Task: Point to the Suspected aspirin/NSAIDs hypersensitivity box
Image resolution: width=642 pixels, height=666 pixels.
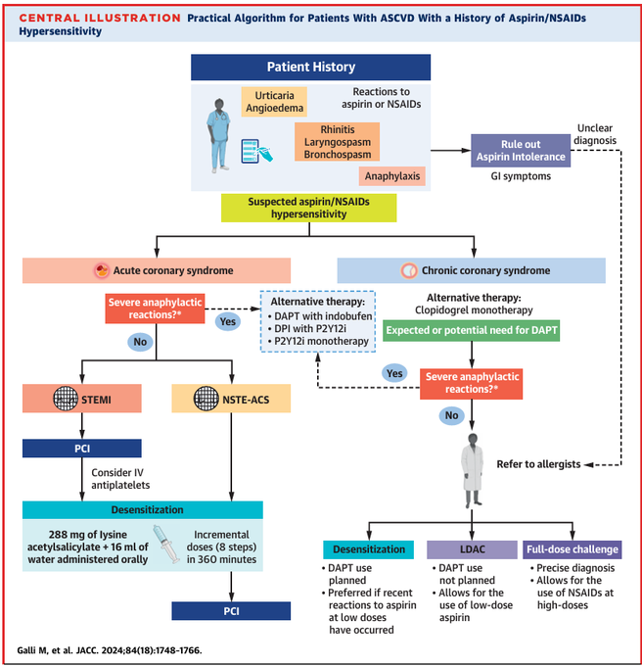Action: coord(308,208)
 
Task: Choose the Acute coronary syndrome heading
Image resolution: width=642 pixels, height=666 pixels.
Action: coord(156,270)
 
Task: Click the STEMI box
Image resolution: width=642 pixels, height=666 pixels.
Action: coord(82,400)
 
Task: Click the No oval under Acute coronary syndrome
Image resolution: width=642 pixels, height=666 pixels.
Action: coord(141,343)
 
